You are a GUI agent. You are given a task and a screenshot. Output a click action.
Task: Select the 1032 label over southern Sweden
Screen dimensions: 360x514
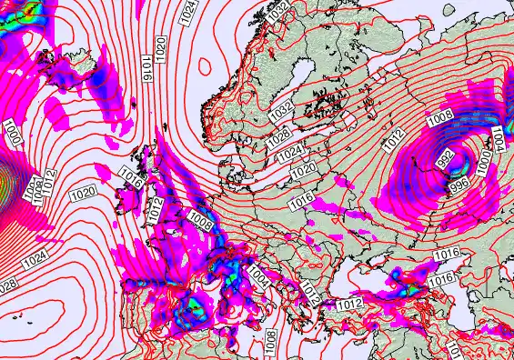pos(282,109)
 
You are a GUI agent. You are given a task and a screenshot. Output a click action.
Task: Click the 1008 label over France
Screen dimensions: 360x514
pos(202,218)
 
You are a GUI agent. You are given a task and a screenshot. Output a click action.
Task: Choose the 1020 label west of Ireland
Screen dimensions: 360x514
pos(84,193)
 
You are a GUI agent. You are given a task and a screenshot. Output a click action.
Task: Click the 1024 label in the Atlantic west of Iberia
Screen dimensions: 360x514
pos(35,260)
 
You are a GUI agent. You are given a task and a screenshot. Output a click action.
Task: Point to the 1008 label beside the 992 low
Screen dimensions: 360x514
pos(440,117)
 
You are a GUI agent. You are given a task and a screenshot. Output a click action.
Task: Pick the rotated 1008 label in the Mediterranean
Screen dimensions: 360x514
pos(271,341)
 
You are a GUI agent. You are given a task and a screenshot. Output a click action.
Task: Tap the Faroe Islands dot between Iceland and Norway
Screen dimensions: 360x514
pos(163,126)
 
